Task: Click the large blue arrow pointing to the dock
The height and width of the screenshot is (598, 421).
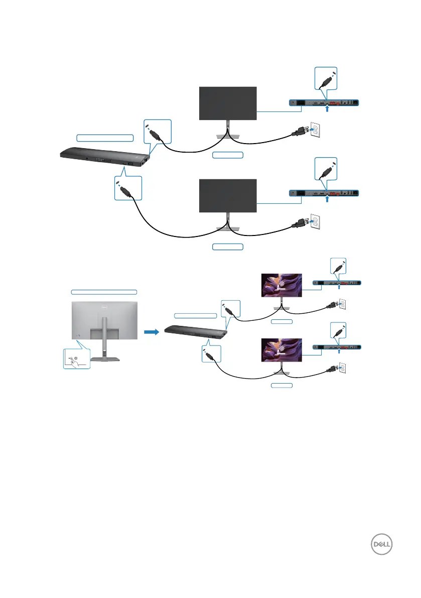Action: pyautogui.click(x=151, y=331)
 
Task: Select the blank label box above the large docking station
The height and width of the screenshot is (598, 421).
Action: pyautogui.click(x=105, y=137)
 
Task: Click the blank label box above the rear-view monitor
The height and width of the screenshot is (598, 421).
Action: pyautogui.click(x=104, y=291)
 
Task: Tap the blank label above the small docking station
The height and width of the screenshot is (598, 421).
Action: pyautogui.click(x=196, y=315)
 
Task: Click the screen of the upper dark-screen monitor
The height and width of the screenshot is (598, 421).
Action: pyautogui.click(x=228, y=103)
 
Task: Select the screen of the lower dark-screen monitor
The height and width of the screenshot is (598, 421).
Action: pyautogui.click(x=228, y=196)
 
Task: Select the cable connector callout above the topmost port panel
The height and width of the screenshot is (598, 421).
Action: pyautogui.click(x=327, y=79)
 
